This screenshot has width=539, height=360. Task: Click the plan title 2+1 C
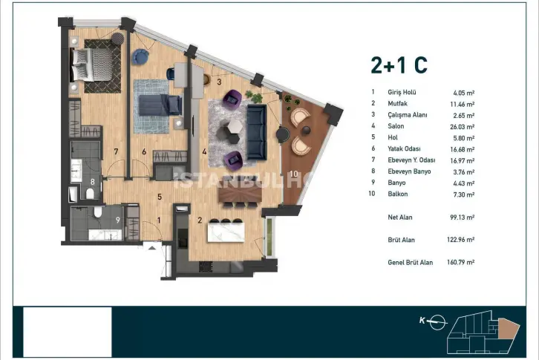pyautogui.click(x=399, y=65)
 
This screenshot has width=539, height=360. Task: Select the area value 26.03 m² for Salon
pyautogui.click(x=462, y=127)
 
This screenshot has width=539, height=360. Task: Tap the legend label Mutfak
pyautogui.click(x=397, y=103)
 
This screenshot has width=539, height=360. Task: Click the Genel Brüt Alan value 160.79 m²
pyautogui.click(x=460, y=262)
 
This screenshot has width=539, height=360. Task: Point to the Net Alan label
pyautogui.click(x=399, y=217)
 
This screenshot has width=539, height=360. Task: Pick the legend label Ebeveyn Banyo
pyautogui.click(x=409, y=171)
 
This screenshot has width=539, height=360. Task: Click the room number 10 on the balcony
pyautogui.click(x=293, y=174)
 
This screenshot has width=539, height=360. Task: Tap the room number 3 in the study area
pyautogui.click(x=219, y=82)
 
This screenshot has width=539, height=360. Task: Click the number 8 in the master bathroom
pyautogui.click(x=92, y=182)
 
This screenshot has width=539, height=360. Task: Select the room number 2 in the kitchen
pyautogui.click(x=200, y=220)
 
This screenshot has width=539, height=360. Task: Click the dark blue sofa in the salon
pyautogui.click(x=256, y=132)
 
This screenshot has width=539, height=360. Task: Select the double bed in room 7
pyautogui.click(x=92, y=65)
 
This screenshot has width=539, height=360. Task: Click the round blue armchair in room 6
pyautogui.click(x=140, y=56)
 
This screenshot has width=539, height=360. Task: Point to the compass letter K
pyautogui.click(x=422, y=321)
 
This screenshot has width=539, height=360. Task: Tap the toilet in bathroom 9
pyautogui.click(x=98, y=212)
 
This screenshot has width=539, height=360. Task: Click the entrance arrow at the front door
pyautogui.click(x=152, y=247)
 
